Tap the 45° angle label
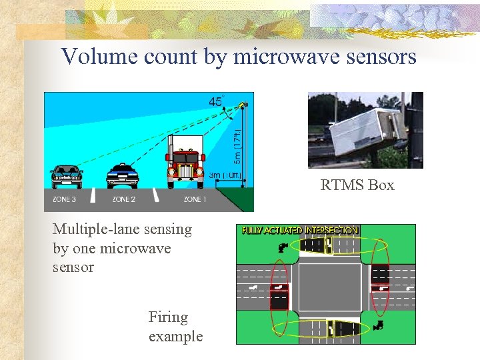pos(216,102)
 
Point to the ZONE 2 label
pos(124,199)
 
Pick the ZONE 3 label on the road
pos(65,199)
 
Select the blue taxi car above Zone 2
pos(123,175)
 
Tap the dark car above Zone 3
pos(67,176)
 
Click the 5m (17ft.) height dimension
pos(237,148)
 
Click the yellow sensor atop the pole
pos(244,105)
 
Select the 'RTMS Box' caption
pos(357,185)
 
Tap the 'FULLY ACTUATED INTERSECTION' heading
pos(300,231)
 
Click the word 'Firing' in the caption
pos(168,317)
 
